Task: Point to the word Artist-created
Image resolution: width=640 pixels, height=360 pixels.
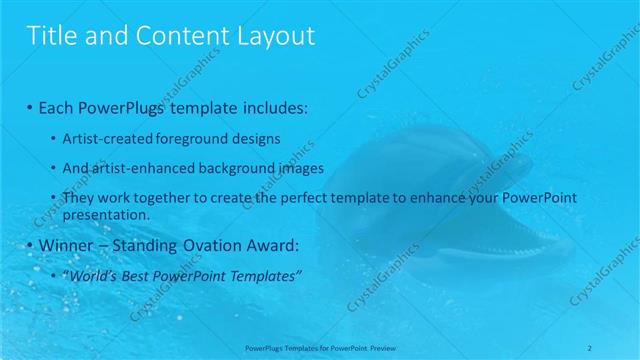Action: [105, 138]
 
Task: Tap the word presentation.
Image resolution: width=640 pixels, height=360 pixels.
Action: [105, 214]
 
